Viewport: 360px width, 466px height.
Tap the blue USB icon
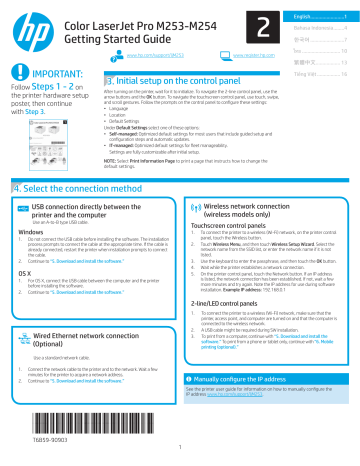(x=22, y=179)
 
